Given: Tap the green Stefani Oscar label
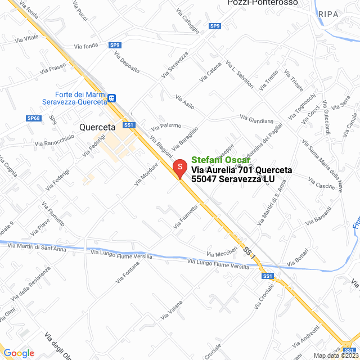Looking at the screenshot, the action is [x=220, y=160].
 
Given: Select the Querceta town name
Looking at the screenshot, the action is [x=97, y=127].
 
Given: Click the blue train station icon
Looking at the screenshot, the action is [x=112, y=98].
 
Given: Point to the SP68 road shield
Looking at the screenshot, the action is [x=34, y=118].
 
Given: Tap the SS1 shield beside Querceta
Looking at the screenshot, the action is [x=129, y=125].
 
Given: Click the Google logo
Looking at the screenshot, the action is [x=19, y=353].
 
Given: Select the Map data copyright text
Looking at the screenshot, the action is [x=336, y=355].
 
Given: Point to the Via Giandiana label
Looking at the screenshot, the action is [x=256, y=120].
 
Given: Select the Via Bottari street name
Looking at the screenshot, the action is [x=298, y=257].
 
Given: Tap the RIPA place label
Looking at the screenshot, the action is [x=328, y=13].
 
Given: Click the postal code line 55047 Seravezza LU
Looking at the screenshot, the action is [x=233, y=179].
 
